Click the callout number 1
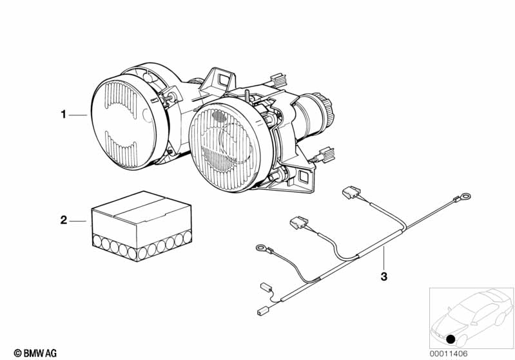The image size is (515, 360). pyautogui.click(x=63, y=115)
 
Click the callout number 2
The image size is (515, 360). pyautogui.click(x=64, y=220)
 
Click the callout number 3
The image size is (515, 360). pyautogui.click(x=384, y=277)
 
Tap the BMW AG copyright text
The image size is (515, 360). pyautogui.click(x=35, y=353)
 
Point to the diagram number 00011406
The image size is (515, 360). pyautogui.click(x=449, y=354)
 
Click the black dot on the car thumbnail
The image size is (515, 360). pyautogui.click(x=451, y=339)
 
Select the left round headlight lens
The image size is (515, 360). pyautogui.click(x=124, y=122)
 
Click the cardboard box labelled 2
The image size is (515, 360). pyautogui.click(x=142, y=227)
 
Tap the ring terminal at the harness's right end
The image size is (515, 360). pyautogui.click(x=465, y=197)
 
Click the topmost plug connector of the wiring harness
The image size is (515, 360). pyautogui.click(x=351, y=192)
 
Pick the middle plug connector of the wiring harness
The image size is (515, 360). pyautogui.click(x=298, y=222)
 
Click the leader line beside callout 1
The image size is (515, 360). pyautogui.click(x=78, y=115)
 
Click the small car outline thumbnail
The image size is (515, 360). pyautogui.click(x=471, y=317)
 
